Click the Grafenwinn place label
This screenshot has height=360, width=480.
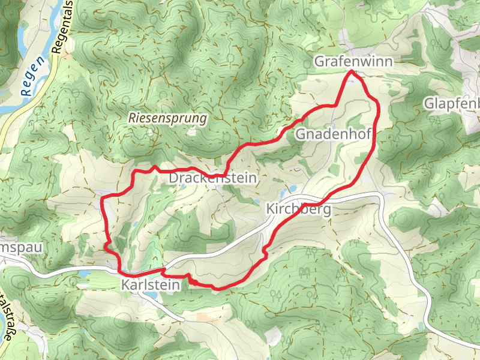(353, 62)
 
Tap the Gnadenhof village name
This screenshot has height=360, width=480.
(334, 134)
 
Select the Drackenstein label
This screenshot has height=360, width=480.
(213, 179)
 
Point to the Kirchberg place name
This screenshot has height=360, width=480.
(298, 209)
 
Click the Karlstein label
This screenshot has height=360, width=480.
(150, 286)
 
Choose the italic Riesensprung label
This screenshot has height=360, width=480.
(167, 119)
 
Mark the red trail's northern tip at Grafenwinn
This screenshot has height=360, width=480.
(352, 71)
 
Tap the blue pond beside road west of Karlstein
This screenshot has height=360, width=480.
(86, 274)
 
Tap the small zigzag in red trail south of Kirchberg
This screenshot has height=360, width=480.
(265, 251)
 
